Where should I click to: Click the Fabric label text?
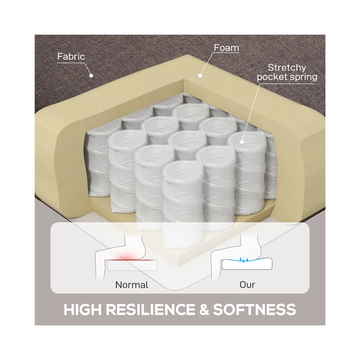[x=71, y=56]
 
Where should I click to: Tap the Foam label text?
[x=227, y=48]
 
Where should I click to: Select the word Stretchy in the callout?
[x=287, y=68]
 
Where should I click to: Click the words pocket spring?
[x=287, y=77]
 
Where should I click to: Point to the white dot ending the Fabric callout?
[x=91, y=75]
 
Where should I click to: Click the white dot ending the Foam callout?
[x=200, y=75]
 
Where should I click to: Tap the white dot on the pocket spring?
[x=242, y=142]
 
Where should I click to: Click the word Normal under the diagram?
[x=132, y=285]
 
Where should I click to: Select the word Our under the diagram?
[x=247, y=285]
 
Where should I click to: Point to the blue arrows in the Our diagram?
[x=244, y=260]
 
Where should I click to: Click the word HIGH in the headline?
[x=83, y=309]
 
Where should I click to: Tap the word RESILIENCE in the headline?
[x=151, y=309]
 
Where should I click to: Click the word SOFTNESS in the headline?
[x=255, y=309]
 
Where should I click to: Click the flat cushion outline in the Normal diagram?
[x=132, y=266]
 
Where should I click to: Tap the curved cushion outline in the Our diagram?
[x=247, y=264]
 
